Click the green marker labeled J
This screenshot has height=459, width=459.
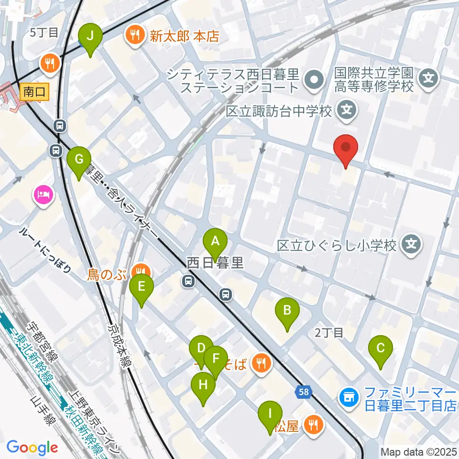click(x=90, y=35)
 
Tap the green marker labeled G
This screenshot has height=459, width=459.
click(x=79, y=158)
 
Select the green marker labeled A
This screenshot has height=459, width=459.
click(x=215, y=241)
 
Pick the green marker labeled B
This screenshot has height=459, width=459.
click(x=287, y=311)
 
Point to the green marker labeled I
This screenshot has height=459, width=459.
click(x=270, y=413)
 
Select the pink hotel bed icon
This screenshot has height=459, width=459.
click(x=44, y=195)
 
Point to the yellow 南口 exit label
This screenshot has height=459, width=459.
click(x=35, y=91)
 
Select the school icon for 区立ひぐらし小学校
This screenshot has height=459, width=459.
click(x=411, y=245)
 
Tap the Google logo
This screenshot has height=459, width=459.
click(x=33, y=448)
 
